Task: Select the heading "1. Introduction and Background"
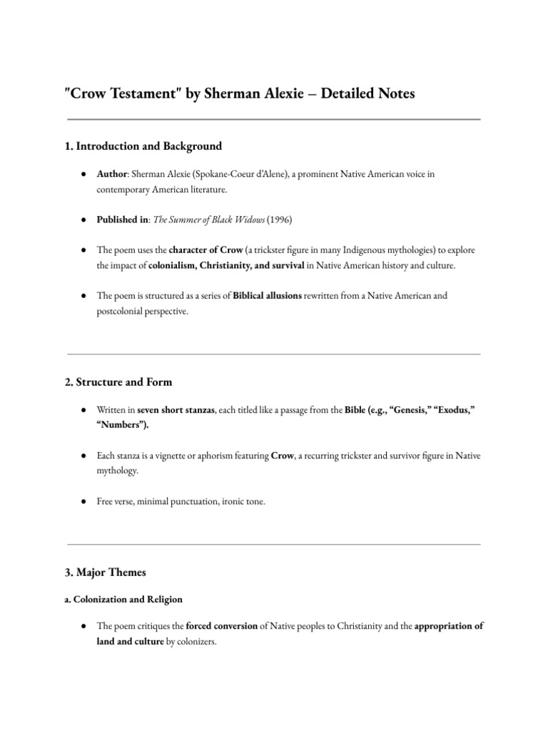(143, 146)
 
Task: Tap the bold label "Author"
(111, 175)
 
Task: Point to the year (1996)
(278, 220)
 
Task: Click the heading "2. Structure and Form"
(118, 382)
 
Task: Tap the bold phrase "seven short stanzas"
(176, 411)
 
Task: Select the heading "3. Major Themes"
(106, 572)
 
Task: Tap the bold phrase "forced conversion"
(223, 627)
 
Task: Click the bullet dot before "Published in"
(84, 220)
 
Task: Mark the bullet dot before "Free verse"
(84, 501)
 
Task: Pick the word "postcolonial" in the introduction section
(122, 310)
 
